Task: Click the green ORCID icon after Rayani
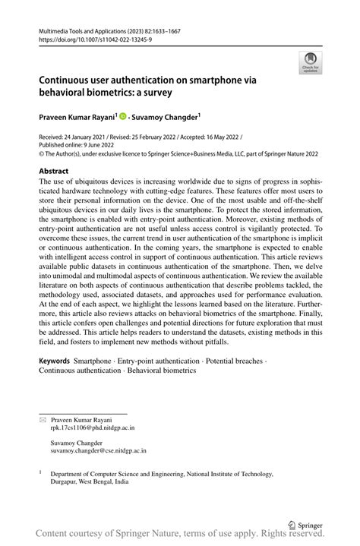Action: click(x=122, y=118)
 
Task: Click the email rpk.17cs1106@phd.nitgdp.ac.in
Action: click(x=92, y=428)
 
